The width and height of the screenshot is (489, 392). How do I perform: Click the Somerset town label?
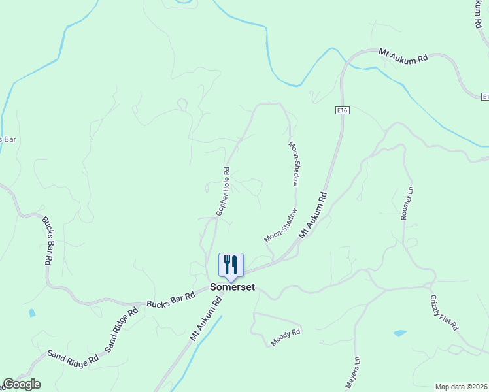232,287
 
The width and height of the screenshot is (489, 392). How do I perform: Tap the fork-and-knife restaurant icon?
230,265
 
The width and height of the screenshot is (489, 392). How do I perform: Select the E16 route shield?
344,110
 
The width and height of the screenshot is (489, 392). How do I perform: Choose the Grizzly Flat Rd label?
445,313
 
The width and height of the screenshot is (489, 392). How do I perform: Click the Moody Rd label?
286,337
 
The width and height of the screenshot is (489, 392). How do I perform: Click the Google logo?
22,384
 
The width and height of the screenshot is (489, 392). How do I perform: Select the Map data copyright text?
460,387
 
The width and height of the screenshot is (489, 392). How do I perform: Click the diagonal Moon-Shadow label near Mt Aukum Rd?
280,225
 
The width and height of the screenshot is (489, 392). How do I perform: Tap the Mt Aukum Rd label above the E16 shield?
403,56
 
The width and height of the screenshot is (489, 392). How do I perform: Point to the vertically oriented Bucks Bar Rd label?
48,240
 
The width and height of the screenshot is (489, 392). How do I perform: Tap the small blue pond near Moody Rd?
399,333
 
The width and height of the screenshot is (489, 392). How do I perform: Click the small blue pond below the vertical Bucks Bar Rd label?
32,313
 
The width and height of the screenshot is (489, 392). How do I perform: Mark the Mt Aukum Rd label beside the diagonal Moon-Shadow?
312,216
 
